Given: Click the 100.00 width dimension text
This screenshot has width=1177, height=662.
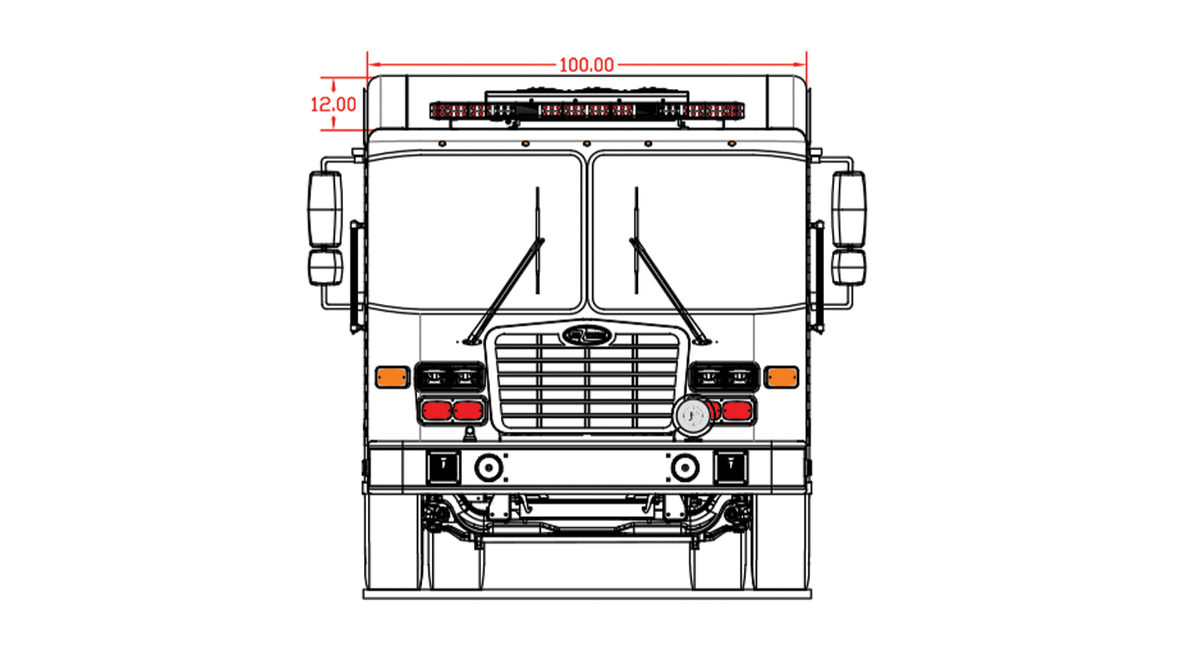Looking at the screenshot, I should (586, 65).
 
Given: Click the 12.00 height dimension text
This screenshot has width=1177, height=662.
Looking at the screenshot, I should (333, 104).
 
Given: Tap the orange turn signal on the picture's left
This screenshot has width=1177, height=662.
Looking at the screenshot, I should (392, 377).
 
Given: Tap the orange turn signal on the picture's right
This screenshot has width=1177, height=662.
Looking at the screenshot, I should (780, 377).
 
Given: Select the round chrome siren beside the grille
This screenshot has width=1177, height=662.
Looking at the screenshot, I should (691, 416).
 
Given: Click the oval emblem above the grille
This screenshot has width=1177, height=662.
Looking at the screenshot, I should (586, 335).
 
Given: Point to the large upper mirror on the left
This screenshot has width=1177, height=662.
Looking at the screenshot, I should (325, 210).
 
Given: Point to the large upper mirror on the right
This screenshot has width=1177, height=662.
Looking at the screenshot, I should (849, 210).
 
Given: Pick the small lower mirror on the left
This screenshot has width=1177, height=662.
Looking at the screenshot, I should (325, 267).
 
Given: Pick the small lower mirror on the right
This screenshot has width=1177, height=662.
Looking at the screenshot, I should (849, 267).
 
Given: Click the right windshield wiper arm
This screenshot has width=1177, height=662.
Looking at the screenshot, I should (666, 287).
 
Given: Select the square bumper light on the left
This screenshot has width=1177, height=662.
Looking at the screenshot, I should (444, 467).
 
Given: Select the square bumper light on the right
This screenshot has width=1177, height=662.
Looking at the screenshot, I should (730, 467).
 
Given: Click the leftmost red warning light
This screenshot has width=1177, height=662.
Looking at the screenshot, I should (436, 410).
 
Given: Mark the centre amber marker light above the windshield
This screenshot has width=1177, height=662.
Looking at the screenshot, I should (586, 143).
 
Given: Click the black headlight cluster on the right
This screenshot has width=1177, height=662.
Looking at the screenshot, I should (724, 377).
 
